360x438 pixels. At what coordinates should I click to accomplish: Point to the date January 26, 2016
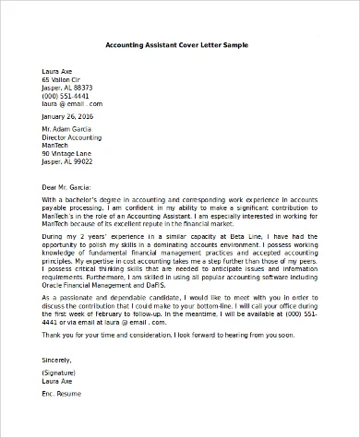[x=67, y=116]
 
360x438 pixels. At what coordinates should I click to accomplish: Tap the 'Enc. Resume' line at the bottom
[x=62, y=393]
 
